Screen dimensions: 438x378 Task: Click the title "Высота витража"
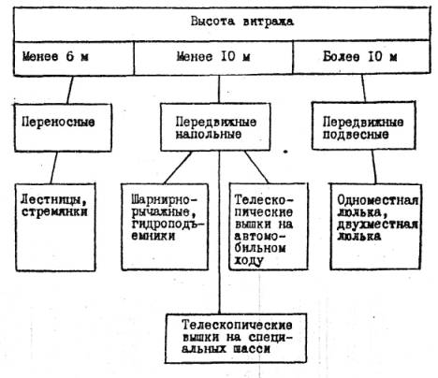242,22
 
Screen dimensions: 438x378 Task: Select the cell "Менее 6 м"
74,58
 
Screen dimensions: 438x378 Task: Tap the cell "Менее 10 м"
213,58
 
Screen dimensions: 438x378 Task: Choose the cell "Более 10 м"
361,57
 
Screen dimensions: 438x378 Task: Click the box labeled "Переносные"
63,128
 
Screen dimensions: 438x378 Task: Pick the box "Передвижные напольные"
215,127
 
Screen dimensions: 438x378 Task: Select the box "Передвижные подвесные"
364,125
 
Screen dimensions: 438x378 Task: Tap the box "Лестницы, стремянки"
55,227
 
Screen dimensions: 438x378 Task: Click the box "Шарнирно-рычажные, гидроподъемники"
165,226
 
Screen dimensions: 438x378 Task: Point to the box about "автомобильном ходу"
269,226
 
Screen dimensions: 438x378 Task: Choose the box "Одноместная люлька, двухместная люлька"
376,226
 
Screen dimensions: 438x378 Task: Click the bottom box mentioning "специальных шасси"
236,339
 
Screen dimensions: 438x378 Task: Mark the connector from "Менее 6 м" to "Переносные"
70,90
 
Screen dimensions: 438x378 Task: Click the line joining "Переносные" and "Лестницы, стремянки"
54,167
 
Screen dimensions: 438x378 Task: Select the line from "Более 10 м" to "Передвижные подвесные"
364,88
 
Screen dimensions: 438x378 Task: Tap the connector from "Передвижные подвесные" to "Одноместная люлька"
373,167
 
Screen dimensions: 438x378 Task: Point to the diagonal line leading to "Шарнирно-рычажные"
178,167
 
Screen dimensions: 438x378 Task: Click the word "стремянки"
54,212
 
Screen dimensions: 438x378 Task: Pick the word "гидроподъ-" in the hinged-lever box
165,225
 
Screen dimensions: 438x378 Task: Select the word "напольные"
209,134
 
